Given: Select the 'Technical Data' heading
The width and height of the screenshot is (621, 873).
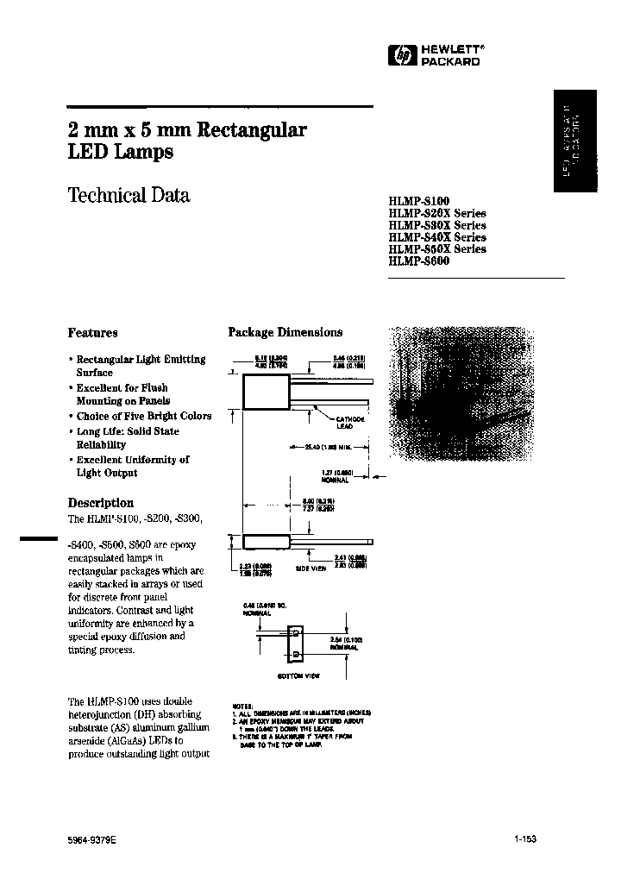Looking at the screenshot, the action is pyautogui.click(x=129, y=195).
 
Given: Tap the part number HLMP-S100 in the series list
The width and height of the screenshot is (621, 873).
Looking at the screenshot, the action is pyautogui.click(x=418, y=200).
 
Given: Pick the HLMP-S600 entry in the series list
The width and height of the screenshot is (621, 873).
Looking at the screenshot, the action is pyautogui.click(x=418, y=261).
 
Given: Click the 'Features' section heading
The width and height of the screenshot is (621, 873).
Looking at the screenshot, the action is pyautogui.click(x=92, y=332).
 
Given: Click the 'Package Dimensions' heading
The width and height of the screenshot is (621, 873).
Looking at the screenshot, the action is pyautogui.click(x=285, y=332).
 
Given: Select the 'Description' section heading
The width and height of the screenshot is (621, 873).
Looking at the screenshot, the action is pyautogui.click(x=100, y=502).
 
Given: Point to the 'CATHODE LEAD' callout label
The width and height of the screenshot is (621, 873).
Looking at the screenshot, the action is pyautogui.click(x=352, y=422).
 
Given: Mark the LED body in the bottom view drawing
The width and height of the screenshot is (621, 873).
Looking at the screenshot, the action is pyautogui.click(x=296, y=644).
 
